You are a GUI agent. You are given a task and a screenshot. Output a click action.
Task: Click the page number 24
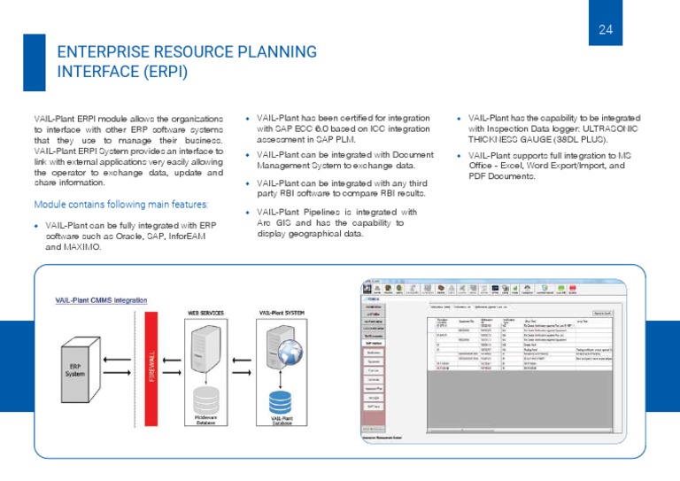point(606,30)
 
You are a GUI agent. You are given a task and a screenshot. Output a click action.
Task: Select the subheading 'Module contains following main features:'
point(121,204)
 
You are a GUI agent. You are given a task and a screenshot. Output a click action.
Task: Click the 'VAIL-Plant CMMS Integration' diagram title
point(100,301)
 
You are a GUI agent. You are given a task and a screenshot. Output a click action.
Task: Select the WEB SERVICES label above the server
point(205,313)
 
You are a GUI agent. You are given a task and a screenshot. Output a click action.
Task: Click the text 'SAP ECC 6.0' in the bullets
point(306,129)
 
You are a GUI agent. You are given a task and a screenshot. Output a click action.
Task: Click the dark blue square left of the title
point(35,62)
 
